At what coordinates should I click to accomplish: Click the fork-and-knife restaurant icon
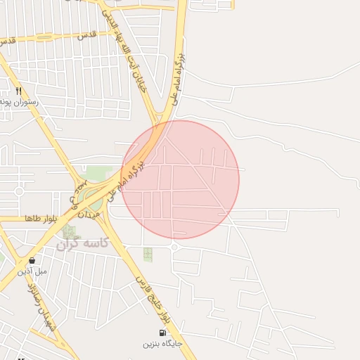[x=19, y=91]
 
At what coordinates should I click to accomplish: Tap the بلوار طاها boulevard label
[x=40, y=219]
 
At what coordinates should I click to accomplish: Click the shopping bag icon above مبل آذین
[x=32, y=260]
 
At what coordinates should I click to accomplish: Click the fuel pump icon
[x=163, y=333]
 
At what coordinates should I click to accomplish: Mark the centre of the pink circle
[x=180, y=179]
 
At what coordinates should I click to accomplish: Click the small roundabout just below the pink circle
[x=174, y=247]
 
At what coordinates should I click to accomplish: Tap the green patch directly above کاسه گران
[x=69, y=230]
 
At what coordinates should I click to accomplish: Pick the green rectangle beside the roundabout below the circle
[x=148, y=254]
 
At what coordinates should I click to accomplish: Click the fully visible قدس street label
[x=86, y=34]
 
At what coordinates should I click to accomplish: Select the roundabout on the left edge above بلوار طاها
[x=19, y=191]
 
